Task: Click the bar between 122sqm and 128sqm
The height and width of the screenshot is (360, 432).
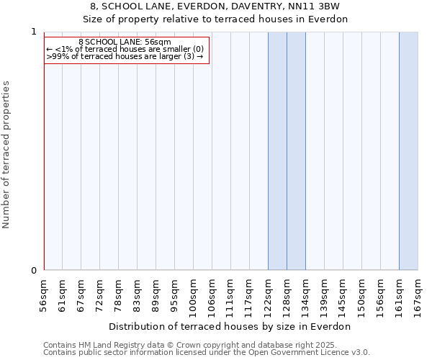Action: point(277,151)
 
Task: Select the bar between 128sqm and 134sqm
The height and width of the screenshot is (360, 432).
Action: point(296,151)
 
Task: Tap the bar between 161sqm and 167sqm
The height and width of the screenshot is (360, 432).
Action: point(408,151)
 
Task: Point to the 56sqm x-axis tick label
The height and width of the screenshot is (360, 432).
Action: point(44,294)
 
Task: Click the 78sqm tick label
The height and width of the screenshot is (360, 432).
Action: point(119,294)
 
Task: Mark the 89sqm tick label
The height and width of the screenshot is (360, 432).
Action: point(156,294)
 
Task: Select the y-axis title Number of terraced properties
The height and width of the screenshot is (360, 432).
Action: point(6,155)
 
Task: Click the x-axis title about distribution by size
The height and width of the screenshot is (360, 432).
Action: point(230,326)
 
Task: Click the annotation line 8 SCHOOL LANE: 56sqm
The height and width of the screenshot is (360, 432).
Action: point(125,42)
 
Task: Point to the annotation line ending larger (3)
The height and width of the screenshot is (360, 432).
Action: point(125,56)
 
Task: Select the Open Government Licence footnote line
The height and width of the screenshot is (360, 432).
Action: point(207,352)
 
